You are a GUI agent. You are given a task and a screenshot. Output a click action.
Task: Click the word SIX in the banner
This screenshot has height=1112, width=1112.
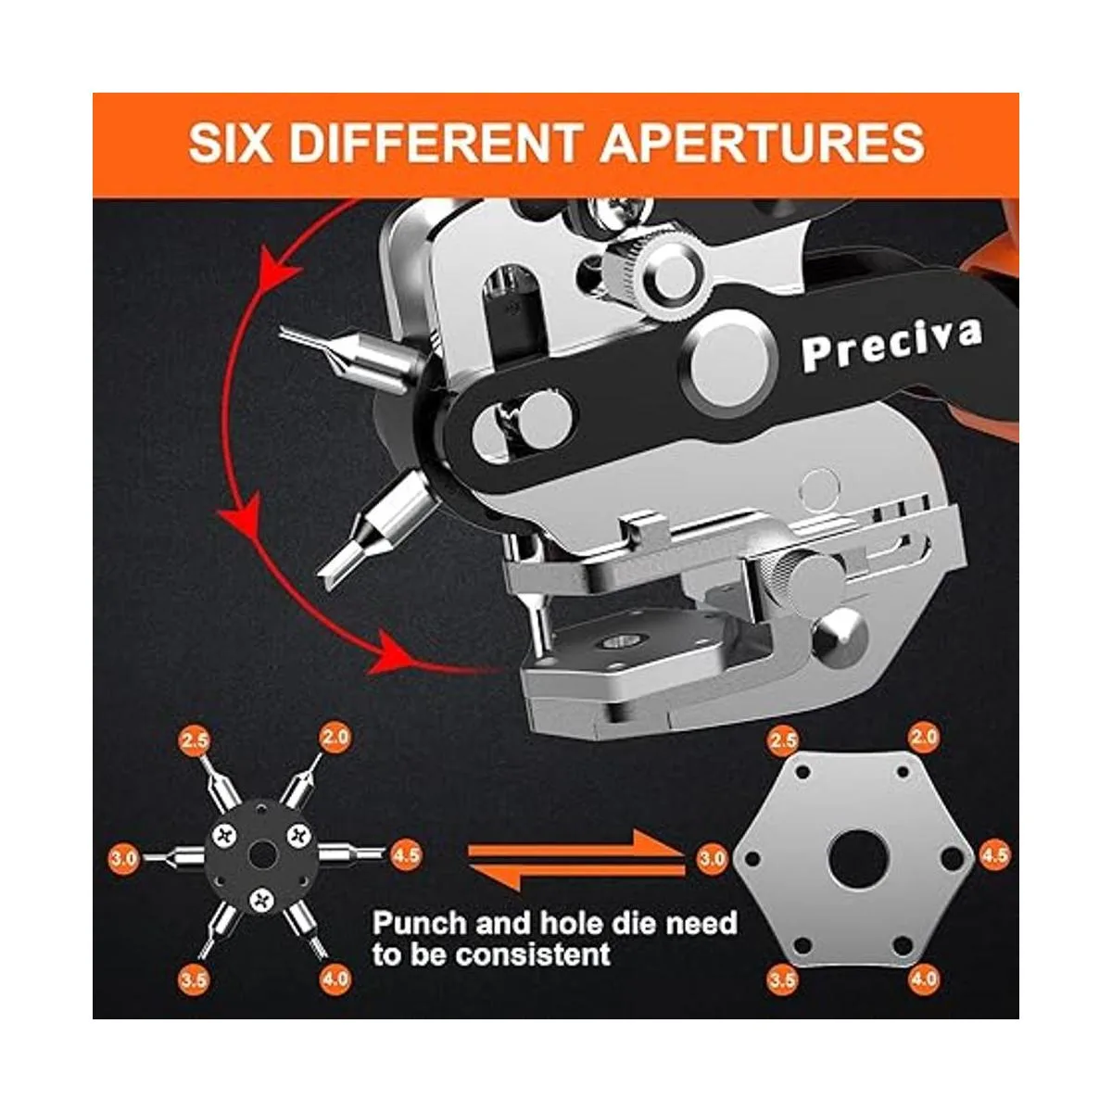pyautogui.click(x=230, y=143)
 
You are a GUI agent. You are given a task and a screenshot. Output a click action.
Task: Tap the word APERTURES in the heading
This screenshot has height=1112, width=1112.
pyautogui.click(x=763, y=143)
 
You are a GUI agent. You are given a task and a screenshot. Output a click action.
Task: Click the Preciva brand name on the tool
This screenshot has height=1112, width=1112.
pyautogui.click(x=892, y=344)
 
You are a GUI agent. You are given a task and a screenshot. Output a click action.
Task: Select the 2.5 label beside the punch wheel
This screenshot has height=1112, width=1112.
pyautogui.click(x=194, y=740)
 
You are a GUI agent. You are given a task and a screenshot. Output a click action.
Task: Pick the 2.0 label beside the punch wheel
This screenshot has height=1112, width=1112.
pyautogui.click(x=335, y=737)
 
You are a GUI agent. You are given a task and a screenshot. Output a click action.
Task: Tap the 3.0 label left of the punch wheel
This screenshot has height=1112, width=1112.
pyautogui.click(x=124, y=876)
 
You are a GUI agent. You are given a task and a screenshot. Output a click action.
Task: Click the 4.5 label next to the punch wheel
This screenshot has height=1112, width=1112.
pyautogui.click(x=406, y=871)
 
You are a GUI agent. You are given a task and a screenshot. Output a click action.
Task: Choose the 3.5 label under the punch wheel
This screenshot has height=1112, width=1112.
pyautogui.click(x=193, y=996)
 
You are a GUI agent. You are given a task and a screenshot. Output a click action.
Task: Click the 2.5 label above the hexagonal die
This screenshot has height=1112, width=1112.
pyautogui.click(x=782, y=740)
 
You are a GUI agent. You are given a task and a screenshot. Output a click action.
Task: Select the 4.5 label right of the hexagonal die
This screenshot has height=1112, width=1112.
pyautogui.click(x=995, y=871)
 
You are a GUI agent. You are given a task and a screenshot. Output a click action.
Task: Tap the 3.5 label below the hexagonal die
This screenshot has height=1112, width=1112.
pyautogui.click(x=782, y=996)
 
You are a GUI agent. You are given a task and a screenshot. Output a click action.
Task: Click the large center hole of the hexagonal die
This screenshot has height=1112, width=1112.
pyautogui.click(x=856, y=875)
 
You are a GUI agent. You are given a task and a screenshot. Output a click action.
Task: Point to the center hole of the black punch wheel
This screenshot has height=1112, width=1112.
pyautogui.click(x=262, y=871)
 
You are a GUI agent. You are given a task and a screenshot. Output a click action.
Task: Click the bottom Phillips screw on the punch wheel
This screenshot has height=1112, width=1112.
pyautogui.click(x=263, y=916)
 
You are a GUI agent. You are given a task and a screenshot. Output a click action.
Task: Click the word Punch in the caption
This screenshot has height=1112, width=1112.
pyautogui.click(x=420, y=924)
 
